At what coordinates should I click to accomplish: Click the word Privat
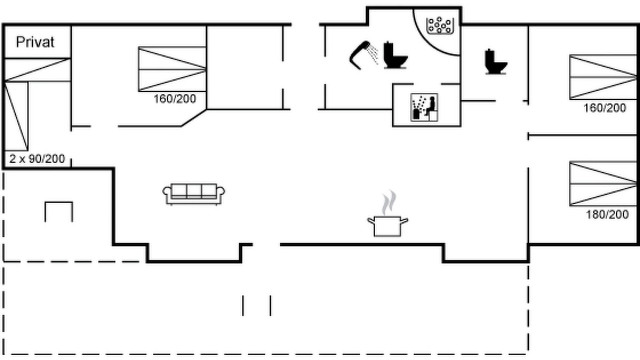click(35, 42)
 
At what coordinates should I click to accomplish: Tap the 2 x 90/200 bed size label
click(37, 158)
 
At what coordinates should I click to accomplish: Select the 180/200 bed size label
click(607, 214)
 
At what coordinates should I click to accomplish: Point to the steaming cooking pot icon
click(387, 225)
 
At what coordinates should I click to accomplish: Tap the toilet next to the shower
click(395, 55)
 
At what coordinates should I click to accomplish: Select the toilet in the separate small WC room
click(495, 61)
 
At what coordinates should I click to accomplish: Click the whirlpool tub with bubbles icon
click(440, 25)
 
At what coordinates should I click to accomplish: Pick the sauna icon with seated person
click(424, 107)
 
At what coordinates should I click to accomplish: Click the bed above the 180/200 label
click(603, 183)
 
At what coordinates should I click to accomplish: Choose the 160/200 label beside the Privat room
click(175, 99)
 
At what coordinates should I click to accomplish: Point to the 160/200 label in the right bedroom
click(604, 108)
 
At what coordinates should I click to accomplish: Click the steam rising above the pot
click(389, 203)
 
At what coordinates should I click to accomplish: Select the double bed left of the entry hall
click(172, 69)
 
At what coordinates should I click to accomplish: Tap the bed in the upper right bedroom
click(603, 77)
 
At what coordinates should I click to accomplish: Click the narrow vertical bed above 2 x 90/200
click(16, 116)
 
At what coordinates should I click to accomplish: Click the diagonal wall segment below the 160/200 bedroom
click(193, 117)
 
